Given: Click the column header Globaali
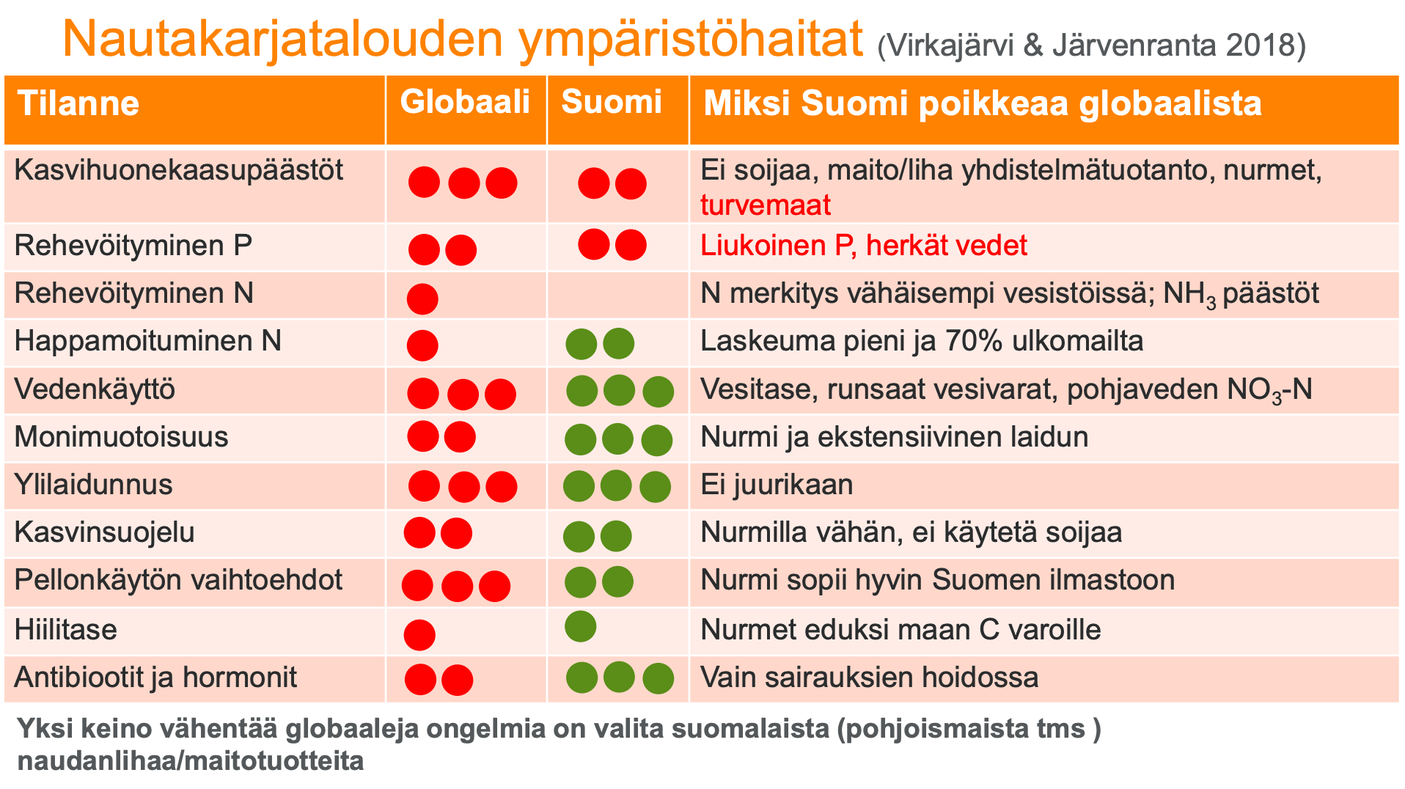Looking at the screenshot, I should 465,102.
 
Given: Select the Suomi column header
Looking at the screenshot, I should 612,102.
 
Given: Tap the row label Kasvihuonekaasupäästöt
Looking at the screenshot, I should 179,170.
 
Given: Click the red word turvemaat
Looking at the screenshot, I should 766,205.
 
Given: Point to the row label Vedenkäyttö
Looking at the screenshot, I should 95,389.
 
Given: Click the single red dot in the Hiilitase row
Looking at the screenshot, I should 419,635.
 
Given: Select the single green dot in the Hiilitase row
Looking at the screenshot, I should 581,626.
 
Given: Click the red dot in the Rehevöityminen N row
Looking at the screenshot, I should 422,298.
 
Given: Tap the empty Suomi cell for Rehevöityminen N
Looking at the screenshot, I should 617,295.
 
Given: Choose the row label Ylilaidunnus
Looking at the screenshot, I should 94,485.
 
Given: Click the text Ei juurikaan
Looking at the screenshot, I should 777,485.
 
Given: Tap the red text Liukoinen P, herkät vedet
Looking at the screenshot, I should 864,246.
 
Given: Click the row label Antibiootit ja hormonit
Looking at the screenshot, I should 155,678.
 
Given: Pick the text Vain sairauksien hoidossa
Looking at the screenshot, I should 870,678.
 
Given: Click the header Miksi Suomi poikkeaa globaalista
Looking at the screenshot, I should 983,103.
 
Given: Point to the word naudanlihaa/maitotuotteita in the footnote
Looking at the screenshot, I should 191,761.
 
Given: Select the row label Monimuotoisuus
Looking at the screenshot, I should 122,437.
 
